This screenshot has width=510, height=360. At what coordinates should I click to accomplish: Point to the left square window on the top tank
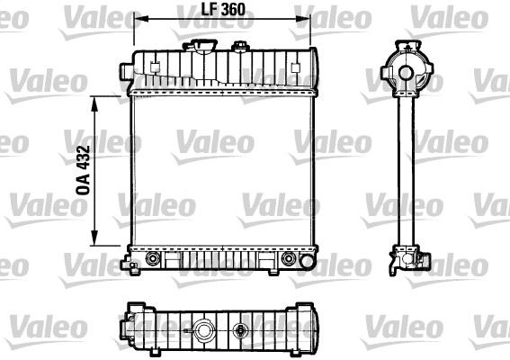pyautogui.click(x=155, y=66)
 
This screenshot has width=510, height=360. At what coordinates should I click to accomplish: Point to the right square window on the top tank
pyautogui.click(x=298, y=66)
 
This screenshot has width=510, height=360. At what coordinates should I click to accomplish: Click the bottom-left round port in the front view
pyautogui.click(x=150, y=259)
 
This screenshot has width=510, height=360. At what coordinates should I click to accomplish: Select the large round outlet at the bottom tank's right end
pyautogui.click(x=289, y=259)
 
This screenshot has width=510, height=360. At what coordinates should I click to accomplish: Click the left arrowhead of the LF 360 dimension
pyautogui.click(x=138, y=19)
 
